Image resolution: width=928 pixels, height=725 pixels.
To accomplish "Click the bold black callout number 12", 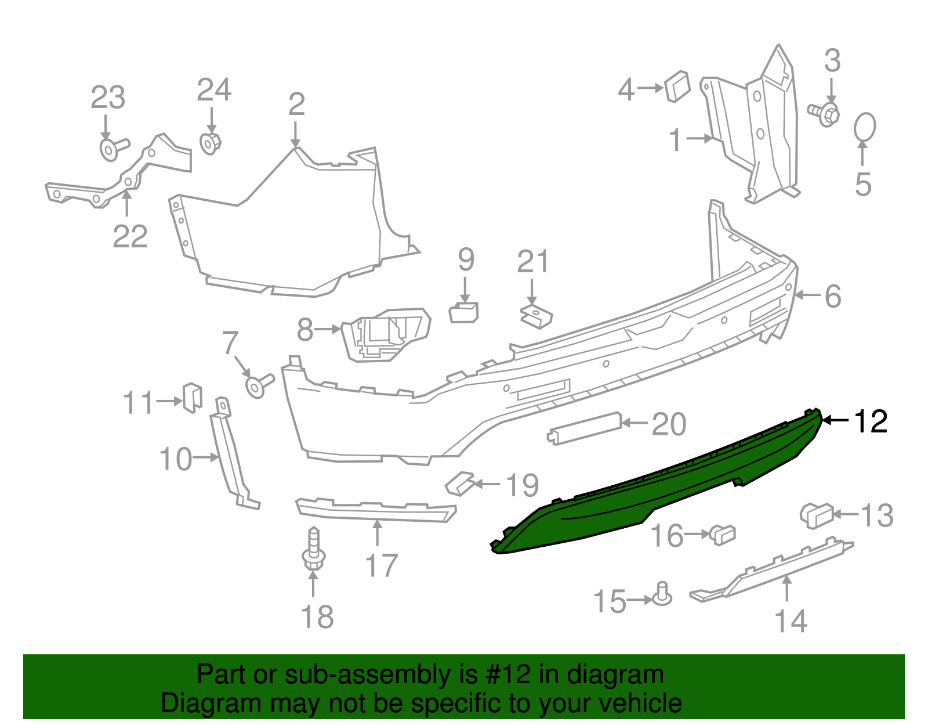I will [x=871, y=421].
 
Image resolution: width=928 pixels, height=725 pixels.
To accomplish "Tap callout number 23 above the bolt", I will [x=108, y=98].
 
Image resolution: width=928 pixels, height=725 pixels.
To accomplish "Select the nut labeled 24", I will [x=210, y=143].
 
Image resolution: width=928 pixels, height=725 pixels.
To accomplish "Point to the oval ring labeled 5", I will [x=864, y=127].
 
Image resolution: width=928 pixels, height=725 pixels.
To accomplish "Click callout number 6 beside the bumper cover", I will [x=833, y=297].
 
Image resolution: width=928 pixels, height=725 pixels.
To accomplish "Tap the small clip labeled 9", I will [x=464, y=312].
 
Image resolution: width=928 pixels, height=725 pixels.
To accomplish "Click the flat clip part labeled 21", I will [x=536, y=316].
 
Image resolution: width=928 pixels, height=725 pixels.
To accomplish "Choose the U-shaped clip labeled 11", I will [x=193, y=396].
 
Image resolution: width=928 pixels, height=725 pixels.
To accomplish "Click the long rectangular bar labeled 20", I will [x=585, y=428].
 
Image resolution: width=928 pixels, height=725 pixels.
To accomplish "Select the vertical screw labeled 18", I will [x=314, y=549].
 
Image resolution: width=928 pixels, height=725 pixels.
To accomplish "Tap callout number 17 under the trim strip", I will [x=381, y=565].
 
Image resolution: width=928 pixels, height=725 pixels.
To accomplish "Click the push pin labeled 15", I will [x=662, y=595].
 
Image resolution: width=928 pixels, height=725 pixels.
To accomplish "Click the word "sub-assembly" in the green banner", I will [x=367, y=675].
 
